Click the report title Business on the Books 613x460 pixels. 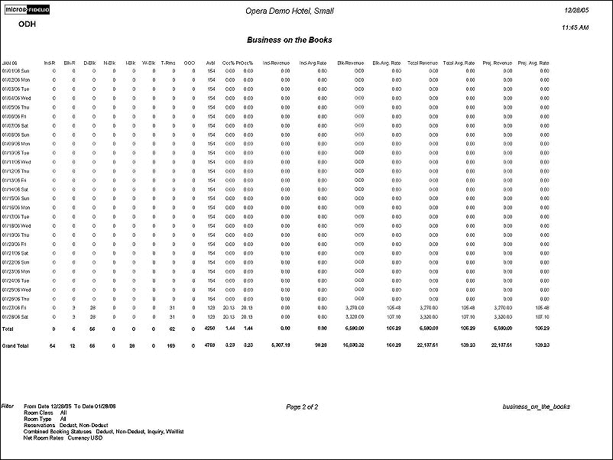pyautogui.click(x=290, y=39)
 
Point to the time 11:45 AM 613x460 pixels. pyautogui.click(x=575, y=28)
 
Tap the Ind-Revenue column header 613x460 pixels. pyautogui.click(x=276, y=62)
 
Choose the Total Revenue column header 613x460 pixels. pyautogui.click(x=423, y=62)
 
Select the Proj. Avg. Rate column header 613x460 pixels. pyautogui.click(x=534, y=62)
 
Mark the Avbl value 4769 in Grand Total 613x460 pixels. pyautogui.click(x=210, y=345)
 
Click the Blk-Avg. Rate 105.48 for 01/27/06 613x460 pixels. pyautogui.click(x=392, y=306)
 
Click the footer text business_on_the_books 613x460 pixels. pyautogui.click(x=536, y=407)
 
